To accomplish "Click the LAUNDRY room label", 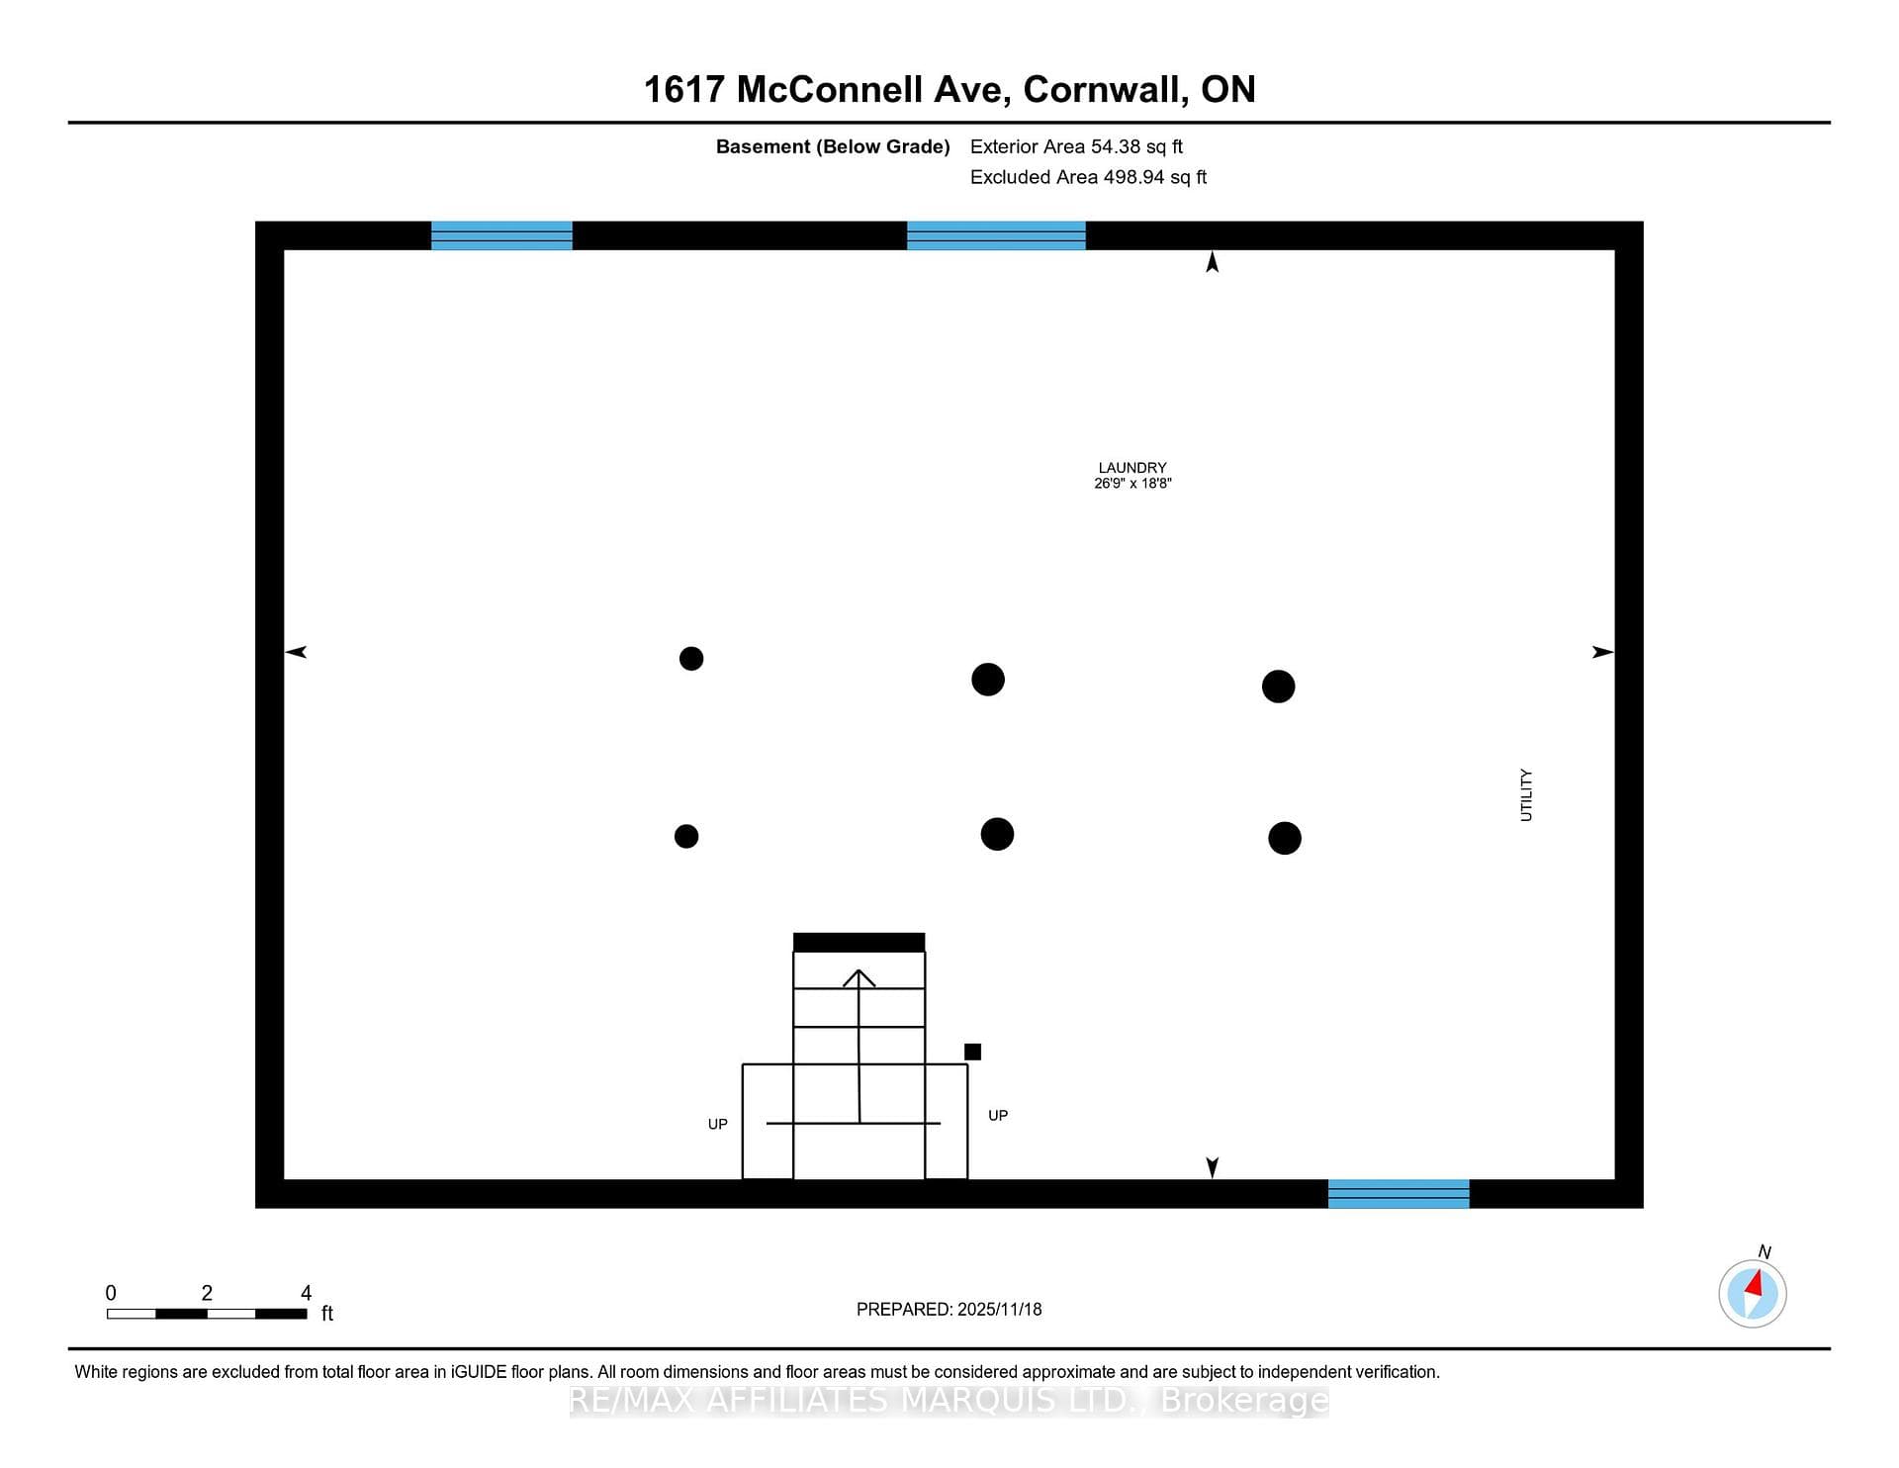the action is pyautogui.click(x=1132, y=468).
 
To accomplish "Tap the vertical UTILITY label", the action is pyautogui.click(x=1526, y=795).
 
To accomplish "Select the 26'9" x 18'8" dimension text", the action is pyautogui.click(x=1132, y=484).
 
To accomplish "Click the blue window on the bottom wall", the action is pyautogui.click(x=1399, y=1194).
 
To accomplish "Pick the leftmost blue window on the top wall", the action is pyautogui.click(x=501, y=235).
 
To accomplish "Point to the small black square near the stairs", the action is pyautogui.click(x=973, y=1052).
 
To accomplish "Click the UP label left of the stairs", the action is pyautogui.click(x=718, y=1124).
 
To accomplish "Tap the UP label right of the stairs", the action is pyautogui.click(x=998, y=1115).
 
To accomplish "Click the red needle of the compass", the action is pyautogui.click(x=1756, y=1284).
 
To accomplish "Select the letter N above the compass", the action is pyautogui.click(x=1764, y=1251).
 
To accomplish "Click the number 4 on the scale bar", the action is pyautogui.click(x=307, y=1293).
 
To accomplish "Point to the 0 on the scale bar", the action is pyautogui.click(x=111, y=1293).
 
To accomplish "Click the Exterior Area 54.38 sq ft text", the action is pyautogui.click(x=1076, y=146).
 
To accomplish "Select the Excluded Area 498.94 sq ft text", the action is pyautogui.click(x=1088, y=177).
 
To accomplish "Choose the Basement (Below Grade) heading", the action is pyautogui.click(x=833, y=146).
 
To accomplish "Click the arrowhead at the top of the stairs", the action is pyautogui.click(x=859, y=977).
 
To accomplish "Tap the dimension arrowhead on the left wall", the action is pyautogui.click(x=296, y=652).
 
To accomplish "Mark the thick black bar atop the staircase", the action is pyautogui.click(x=859, y=943).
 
